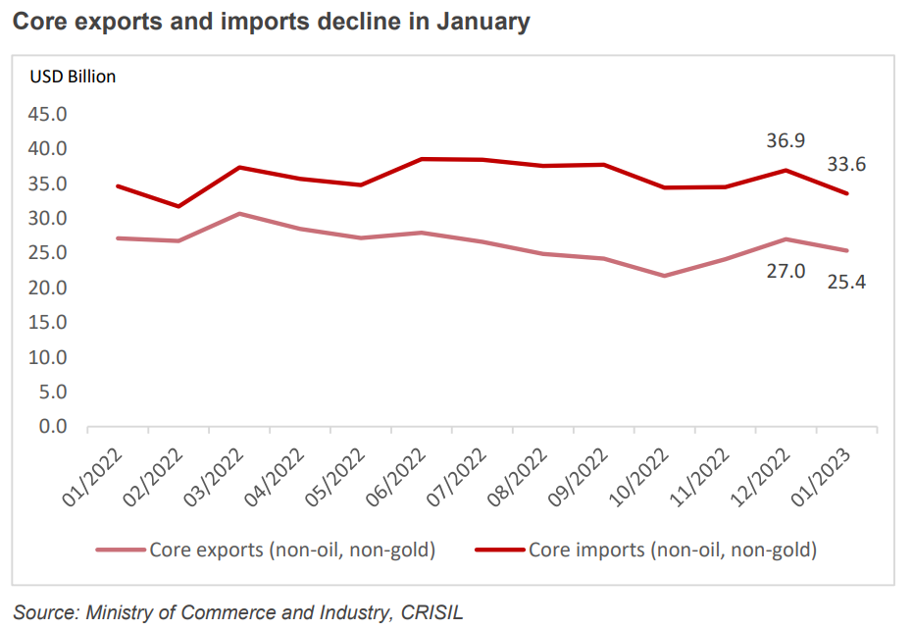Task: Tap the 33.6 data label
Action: [845, 164]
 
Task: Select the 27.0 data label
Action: [786, 271]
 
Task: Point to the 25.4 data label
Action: [845, 282]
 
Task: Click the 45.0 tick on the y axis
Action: [47, 114]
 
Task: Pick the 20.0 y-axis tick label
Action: [47, 288]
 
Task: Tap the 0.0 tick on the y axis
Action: [52, 427]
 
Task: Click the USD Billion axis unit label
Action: [73, 77]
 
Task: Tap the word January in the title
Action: [482, 22]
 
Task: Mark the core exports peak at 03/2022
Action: [239, 213]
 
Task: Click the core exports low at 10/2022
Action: [665, 276]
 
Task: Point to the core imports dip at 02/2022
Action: [178, 206]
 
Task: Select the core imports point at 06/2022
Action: [422, 158]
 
